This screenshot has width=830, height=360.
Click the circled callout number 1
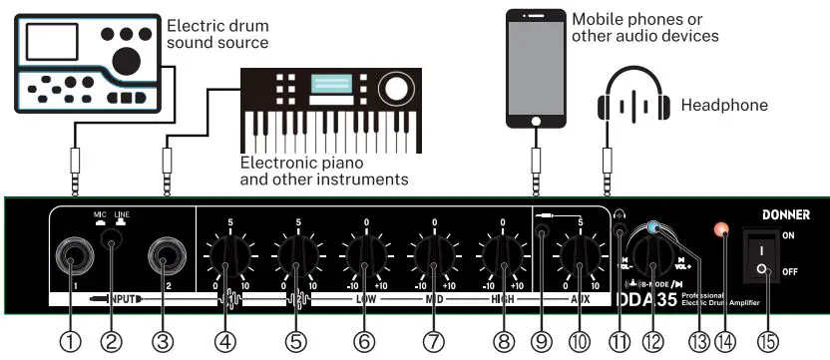70,341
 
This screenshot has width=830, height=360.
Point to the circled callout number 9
541,341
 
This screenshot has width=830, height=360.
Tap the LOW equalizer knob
364,257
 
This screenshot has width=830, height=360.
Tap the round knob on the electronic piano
396,89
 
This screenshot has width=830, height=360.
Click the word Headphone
724,104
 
